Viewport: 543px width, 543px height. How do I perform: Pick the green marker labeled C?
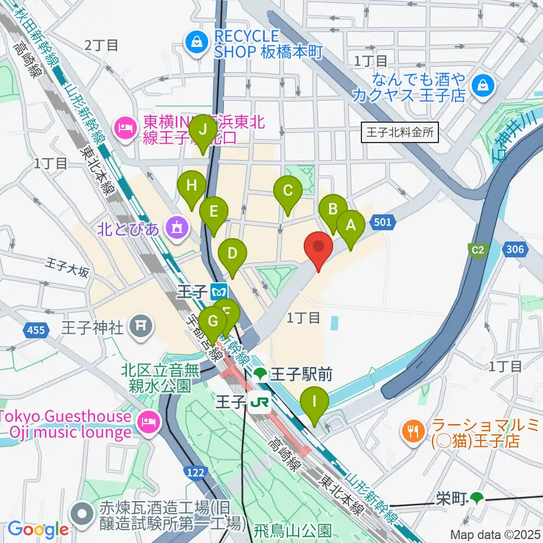click(288, 191)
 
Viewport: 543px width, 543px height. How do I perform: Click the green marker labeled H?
click(191, 185)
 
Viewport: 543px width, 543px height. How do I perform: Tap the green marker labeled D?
click(232, 253)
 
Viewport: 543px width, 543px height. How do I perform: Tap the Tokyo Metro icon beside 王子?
click(218, 292)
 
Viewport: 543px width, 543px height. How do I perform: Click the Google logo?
click(38, 529)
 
